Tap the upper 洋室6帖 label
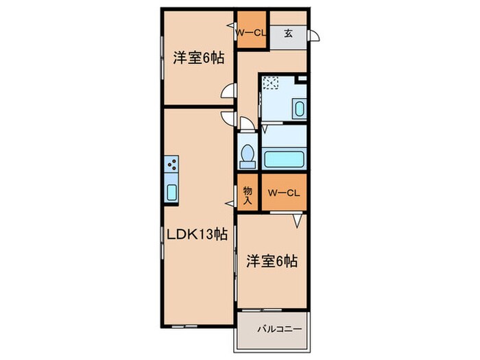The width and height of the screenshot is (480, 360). pos(198,59)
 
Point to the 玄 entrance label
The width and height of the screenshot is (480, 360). pos(289,32)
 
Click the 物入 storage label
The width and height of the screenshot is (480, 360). pos(248,195)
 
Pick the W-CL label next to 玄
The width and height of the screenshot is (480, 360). pos(250,32)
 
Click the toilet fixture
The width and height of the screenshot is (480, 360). pos(247,155)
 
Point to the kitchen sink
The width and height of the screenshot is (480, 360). pos(171,191)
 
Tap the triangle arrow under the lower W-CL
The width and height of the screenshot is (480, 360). pos(297,221)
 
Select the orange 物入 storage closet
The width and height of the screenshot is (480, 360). pos(248,195)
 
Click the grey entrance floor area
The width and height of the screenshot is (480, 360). pos(289,38)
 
